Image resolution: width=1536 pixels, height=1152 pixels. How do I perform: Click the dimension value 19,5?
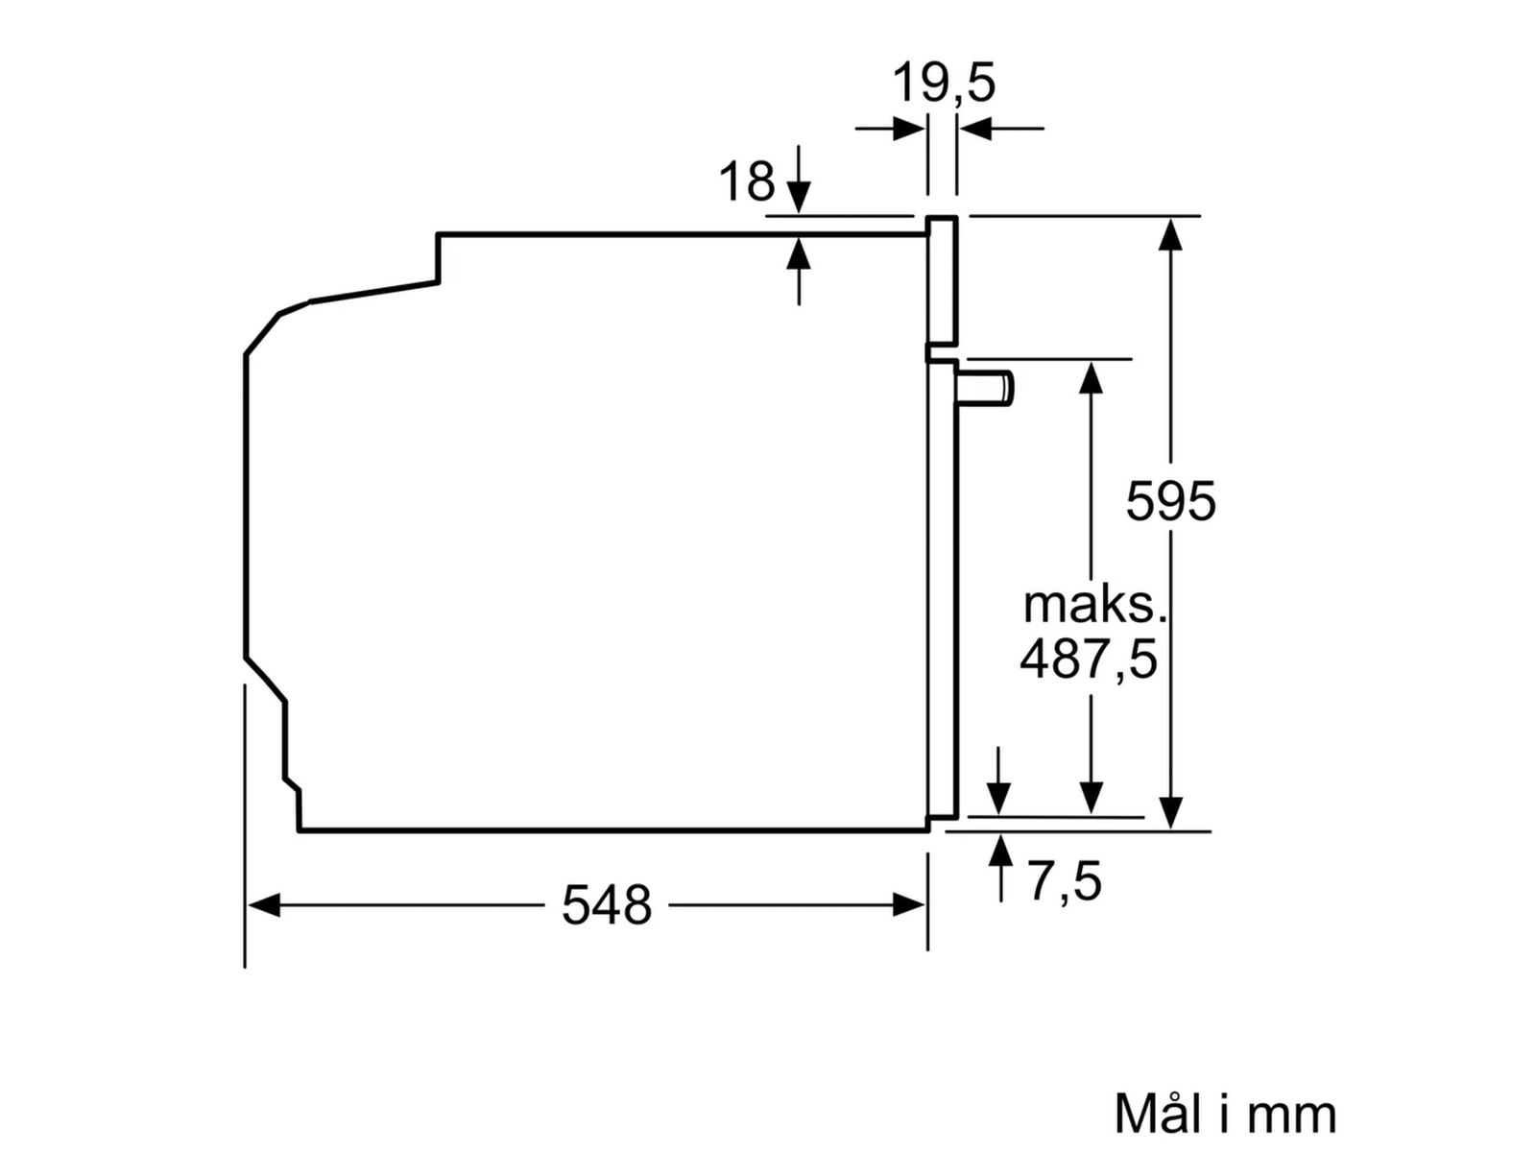944,83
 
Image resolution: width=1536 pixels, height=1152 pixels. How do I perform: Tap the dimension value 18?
746,181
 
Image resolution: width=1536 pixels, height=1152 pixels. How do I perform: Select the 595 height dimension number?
1170,501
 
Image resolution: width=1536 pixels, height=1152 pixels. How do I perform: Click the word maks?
1094,605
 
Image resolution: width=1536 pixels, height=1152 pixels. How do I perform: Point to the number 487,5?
1089,660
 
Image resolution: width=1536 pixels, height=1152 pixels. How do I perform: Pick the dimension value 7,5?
1065,881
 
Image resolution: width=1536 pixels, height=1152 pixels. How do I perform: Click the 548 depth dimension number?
607,905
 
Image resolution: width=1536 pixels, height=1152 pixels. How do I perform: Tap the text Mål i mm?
1225,1114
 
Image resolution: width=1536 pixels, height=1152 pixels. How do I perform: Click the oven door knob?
987,388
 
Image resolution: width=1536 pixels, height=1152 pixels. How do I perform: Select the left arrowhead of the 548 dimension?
263,905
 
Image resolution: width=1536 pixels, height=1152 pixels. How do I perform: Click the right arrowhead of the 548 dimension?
909,905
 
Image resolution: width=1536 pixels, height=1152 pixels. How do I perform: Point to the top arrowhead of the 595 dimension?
1170,233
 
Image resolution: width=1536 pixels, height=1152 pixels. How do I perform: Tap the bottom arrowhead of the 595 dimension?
1170,813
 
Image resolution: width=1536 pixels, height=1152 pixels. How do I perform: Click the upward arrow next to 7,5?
1001,852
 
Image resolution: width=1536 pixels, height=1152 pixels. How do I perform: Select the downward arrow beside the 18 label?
799,197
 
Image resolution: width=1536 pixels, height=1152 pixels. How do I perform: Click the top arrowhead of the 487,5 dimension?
1091,376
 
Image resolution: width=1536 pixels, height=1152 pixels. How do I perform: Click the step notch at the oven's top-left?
438,259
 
